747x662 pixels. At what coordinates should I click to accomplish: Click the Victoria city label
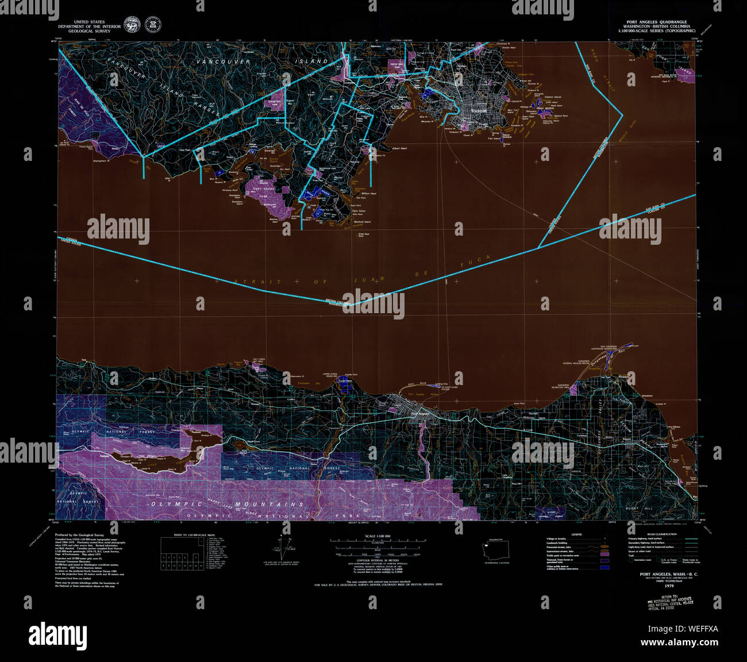coord(478,111)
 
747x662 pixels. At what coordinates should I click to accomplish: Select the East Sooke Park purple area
coord(264,191)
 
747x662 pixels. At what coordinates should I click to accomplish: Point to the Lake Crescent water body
coord(155,457)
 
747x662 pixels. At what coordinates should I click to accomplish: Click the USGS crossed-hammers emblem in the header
coord(153,24)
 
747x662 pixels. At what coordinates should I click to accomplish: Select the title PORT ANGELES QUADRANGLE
coord(656,22)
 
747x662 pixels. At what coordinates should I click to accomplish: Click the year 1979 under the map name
coord(668,586)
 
